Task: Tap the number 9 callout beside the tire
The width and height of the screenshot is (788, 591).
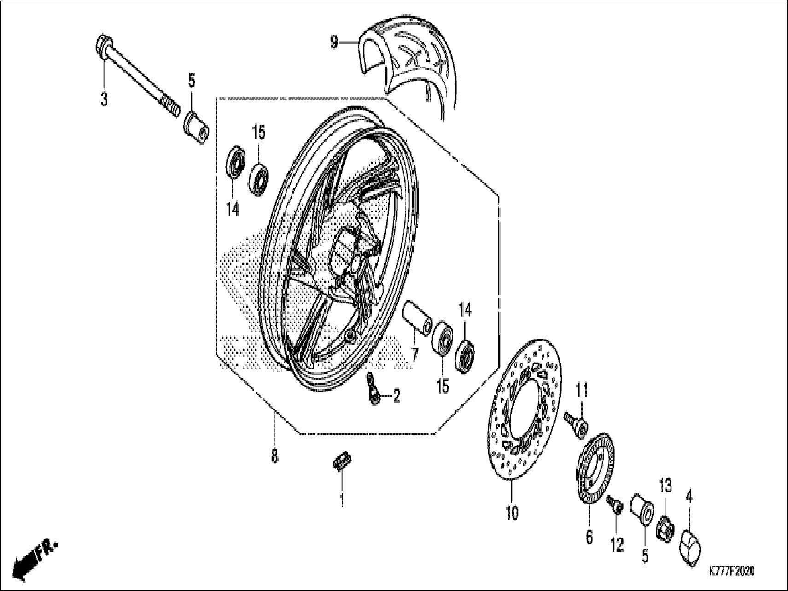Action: tap(334, 43)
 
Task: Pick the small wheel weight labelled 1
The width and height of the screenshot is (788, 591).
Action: tap(342, 461)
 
